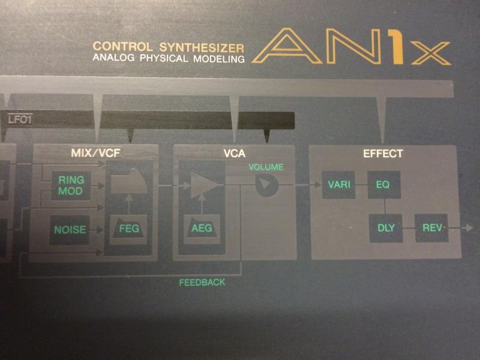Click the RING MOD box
pos(71,185)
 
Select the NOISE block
pos(70,230)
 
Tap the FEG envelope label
pos(129,229)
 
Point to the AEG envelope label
pos(202,228)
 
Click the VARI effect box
pos(338,185)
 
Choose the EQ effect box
pos(384,185)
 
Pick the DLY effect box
pos(386,228)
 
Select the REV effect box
pos(431,228)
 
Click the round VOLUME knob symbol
pos(266,185)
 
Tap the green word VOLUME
pos(266,167)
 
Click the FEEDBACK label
pos(202,282)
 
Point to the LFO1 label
pos(20,119)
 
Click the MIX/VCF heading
pos(95,153)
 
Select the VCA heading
pos(235,153)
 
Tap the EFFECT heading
pos(383,154)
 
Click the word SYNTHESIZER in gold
pos(202,47)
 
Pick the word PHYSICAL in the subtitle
pos(164,58)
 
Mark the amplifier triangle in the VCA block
pos(204,185)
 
